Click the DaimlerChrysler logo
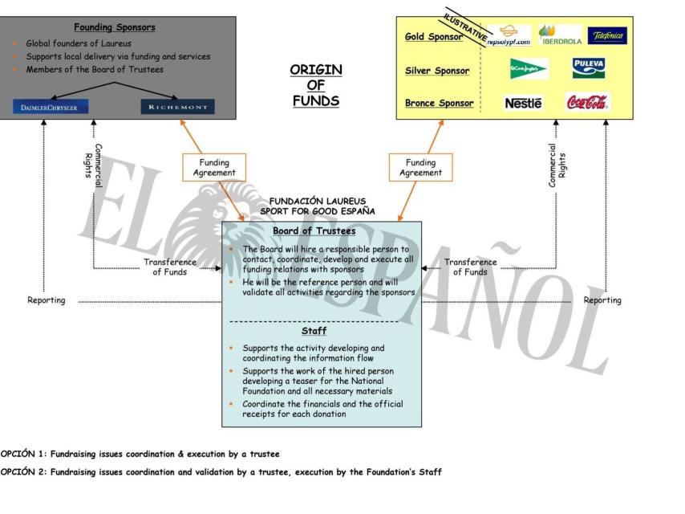tap(51, 107)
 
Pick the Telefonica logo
tap(607, 36)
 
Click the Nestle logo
tap(523, 103)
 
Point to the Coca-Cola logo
tap(587, 102)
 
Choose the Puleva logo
tap(588, 67)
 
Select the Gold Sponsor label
tap(434, 37)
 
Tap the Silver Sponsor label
tap(437, 71)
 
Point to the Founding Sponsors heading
tap(115, 27)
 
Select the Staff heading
tap(314, 331)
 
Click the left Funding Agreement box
tap(214, 167)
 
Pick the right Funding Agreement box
tap(420, 167)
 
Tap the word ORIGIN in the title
tap(315, 70)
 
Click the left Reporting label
tap(47, 300)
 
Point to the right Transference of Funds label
tap(470, 267)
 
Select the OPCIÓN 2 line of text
tap(221, 471)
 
